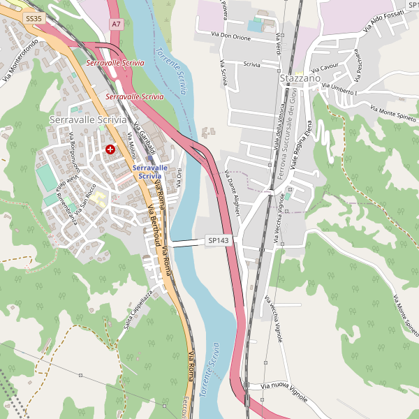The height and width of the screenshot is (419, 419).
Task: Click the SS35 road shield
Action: point(34,19)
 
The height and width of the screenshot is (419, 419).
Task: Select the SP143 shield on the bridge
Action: point(216,240)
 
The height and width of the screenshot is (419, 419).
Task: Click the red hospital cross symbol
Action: point(110,149)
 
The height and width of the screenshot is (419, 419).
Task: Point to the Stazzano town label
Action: point(300,79)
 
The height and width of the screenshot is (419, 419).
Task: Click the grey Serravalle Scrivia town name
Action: point(88,120)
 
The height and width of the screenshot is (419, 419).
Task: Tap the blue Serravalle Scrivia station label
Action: point(149,172)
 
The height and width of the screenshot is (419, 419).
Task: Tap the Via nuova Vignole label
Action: point(284,392)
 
